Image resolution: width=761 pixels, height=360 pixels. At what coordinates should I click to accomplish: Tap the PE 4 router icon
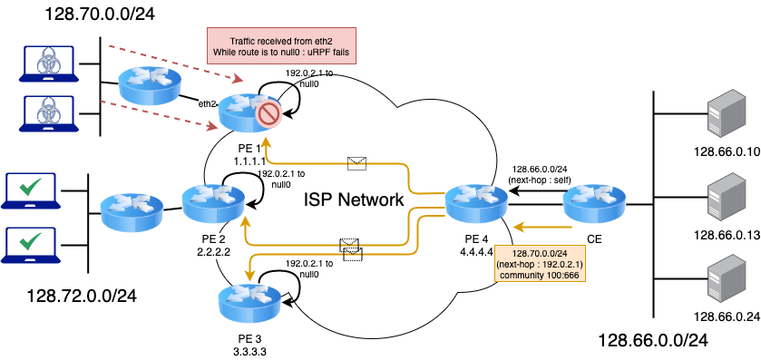[x=476, y=201]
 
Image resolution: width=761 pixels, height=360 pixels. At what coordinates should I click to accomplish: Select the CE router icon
[x=594, y=202]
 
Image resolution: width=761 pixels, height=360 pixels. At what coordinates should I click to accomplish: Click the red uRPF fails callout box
[x=282, y=46]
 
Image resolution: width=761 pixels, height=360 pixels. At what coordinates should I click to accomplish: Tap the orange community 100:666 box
[x=540, y=264]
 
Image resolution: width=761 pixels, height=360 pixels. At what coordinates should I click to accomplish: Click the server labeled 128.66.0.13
[x=724, y=198]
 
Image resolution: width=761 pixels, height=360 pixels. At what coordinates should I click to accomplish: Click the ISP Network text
[x=354, y=199]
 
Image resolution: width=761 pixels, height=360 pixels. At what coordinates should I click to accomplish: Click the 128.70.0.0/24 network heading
[x=100, y=14]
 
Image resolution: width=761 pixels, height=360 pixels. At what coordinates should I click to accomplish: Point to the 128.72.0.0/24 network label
[x=81, y=295]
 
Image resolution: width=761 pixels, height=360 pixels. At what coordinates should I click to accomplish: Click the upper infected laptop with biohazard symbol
[x=49, y=63]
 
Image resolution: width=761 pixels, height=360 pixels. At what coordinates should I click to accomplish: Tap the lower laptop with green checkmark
[x=31, y=244]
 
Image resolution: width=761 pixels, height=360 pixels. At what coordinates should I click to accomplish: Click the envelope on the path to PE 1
[x=356, y=163]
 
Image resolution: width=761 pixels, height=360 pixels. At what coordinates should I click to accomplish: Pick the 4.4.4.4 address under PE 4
[x=476, y=252]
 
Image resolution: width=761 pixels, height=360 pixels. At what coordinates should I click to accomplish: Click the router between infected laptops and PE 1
[x=150, y=86]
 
